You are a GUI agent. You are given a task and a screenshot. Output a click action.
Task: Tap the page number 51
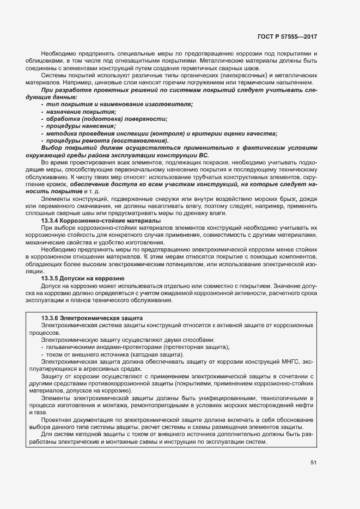coord(314,462)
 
